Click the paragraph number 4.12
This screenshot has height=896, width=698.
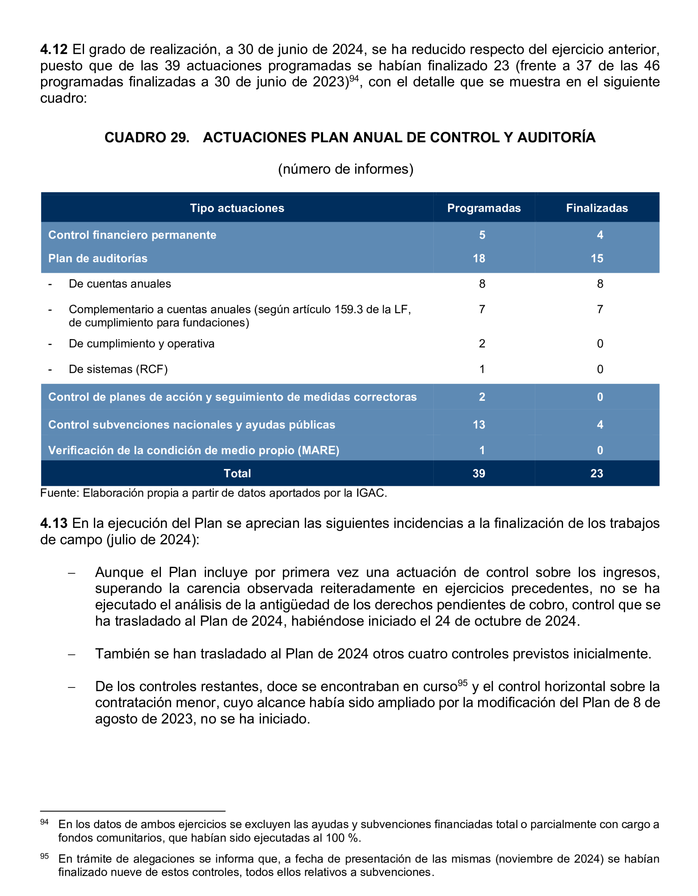54,50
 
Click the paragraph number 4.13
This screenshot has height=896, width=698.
54,523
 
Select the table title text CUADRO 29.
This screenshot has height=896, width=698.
146,137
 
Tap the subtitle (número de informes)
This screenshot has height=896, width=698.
346,169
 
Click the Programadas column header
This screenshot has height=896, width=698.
484,208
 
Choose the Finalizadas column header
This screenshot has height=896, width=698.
597,208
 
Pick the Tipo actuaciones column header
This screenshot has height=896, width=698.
237,208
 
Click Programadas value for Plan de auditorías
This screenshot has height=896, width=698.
479,258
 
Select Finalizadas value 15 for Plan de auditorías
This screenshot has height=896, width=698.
597,258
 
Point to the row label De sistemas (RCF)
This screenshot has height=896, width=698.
118,369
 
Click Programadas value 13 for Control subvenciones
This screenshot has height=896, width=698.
479,425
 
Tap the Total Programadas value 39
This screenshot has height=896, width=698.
479,474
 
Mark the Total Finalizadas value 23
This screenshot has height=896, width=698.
597,474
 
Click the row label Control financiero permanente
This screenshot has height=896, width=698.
132,235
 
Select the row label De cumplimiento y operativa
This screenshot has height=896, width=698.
142,344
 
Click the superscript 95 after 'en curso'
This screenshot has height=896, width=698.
463,683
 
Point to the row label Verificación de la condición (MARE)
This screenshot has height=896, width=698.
194,451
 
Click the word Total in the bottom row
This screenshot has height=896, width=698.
237,474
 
